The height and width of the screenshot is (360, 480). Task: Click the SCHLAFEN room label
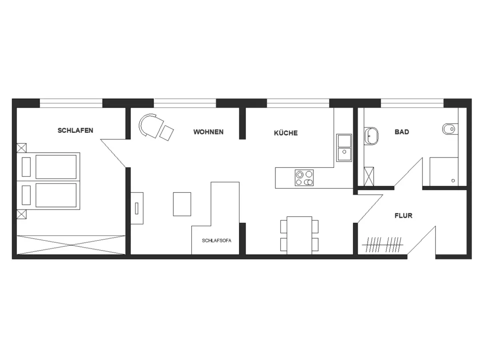click(75, 130)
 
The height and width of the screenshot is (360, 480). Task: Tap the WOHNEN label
click(208, 132)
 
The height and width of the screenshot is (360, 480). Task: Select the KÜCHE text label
click(286, 133)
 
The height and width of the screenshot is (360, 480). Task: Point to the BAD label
click(402, 132)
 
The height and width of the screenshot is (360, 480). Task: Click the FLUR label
click(403, 216)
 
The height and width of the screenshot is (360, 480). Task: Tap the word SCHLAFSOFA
click(216, 240)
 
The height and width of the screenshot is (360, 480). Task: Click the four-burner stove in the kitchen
click(304, 178)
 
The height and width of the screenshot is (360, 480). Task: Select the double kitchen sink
click(344, 148)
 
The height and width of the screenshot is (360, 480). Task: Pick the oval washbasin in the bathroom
click(371, 136)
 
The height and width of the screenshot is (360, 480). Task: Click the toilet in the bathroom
click(450, 129)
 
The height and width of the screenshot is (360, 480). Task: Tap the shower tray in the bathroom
click(444, 172)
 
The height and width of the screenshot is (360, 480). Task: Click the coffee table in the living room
click(182, 204)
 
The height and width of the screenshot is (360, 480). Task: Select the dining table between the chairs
click(299, 236)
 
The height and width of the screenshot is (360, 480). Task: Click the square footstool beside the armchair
click(166, 133)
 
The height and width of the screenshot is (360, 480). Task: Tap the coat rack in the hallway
click(382, 245)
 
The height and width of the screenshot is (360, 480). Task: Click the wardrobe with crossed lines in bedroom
click(71, 245)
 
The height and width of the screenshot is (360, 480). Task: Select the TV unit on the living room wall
click(137, 208)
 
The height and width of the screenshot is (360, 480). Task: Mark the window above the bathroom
click(412, 103)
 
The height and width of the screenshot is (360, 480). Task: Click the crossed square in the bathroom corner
click(369, 176)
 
